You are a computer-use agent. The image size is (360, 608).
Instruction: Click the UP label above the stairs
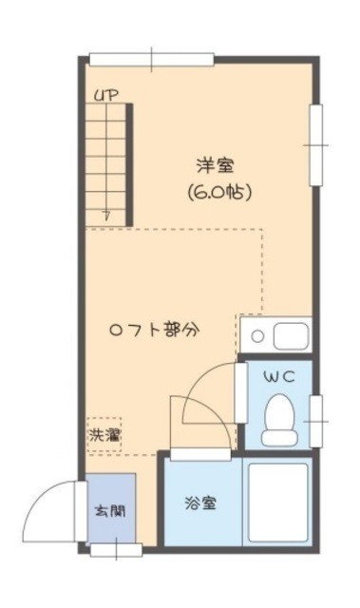click(105, 95)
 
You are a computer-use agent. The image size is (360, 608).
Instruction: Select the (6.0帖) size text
click(218, 191)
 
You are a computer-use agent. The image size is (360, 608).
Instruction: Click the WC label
click(279, 377)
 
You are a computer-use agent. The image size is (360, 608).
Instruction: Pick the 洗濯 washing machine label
click(104, 438)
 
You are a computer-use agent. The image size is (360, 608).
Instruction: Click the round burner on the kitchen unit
click(257, 336)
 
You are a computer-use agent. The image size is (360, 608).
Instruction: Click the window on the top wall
click(138, 60)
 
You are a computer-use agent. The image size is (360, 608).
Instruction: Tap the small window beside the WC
click(316, 418)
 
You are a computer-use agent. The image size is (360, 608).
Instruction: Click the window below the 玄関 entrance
click(116, 548)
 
